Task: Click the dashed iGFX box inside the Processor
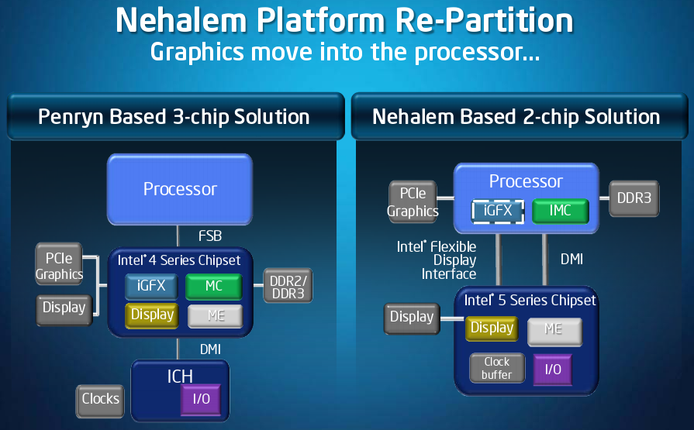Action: (498, 211)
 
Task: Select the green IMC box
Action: (561, 211)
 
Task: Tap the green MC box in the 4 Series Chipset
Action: (214, 286)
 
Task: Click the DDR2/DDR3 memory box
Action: (288, 286)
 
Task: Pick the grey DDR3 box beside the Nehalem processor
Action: (634, 198)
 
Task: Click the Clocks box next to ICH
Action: (101, 401)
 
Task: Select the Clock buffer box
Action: (497, 368)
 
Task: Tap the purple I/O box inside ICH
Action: (201, 400)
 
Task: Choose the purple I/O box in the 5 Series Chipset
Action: (553, 370)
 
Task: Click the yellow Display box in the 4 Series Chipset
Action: (152, 315)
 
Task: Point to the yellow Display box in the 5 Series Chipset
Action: (492, 329)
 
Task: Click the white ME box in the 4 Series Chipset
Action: (216, 316)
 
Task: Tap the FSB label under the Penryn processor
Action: (210, 236)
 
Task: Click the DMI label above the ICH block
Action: (210, 349)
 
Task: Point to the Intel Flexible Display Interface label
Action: (437, 260)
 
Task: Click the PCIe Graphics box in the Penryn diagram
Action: (59, 264)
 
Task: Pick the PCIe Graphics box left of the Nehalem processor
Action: (413, 201)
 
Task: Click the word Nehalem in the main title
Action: (181, 21)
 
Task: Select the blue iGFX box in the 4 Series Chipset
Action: (151, 287)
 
